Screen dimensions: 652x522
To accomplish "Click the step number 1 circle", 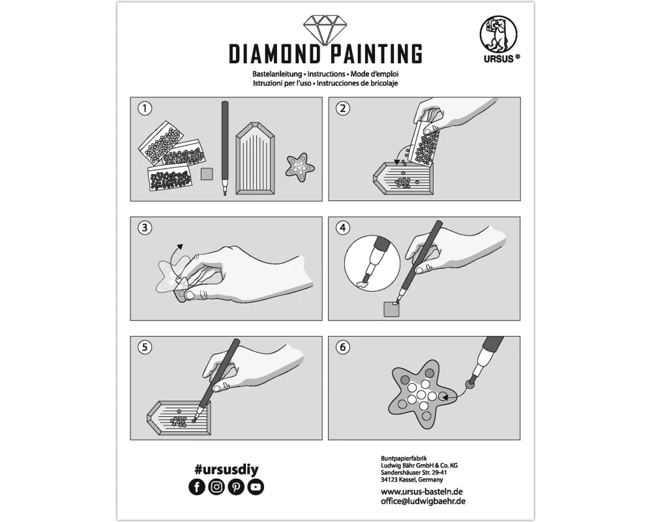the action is point(145,109).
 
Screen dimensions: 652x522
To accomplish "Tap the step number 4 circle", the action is point(343,228).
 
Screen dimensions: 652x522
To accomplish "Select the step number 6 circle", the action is point(343,347).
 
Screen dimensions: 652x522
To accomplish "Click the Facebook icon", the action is point(197,487).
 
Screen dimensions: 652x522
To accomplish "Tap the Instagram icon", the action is point(216,487).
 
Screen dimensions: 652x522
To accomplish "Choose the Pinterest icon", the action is point(236,487).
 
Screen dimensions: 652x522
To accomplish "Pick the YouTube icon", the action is point(256,487).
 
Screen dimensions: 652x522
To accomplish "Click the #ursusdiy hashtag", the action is point(226,470).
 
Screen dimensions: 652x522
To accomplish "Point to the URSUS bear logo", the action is point(499,35).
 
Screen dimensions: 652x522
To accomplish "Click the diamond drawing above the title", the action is point(325,29).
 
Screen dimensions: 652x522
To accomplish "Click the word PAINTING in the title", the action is point(376,54).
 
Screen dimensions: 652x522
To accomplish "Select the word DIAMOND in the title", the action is point(275,54).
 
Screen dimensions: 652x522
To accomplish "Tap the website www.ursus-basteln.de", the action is point(422,491).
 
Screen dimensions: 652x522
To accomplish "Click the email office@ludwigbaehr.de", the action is point(423,501).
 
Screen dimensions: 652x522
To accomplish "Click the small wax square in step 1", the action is point(207,174).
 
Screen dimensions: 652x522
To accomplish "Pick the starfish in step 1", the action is point(299,166).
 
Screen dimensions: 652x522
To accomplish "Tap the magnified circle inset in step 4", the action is point(372,263).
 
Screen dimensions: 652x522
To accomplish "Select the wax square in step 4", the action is point(391,310).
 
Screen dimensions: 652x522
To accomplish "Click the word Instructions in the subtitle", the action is point(326,74).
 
